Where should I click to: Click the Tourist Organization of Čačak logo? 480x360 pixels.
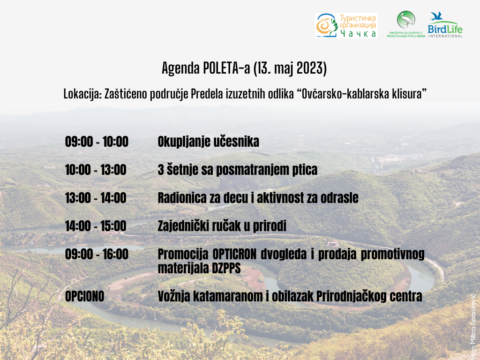pyautogui.click(x=346, y=25)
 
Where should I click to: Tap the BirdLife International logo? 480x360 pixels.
pyautogui.click(x=445, y=25)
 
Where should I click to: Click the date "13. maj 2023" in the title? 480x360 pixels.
pyautogui.click(x=290, y=68)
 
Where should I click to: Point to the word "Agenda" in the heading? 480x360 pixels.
pyautogui.click(x=181, y=68)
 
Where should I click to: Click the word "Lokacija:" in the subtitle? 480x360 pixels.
pyautogui.click(x=82, y=94)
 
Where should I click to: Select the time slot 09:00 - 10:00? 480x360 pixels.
pyautogui.click(x=97, y=142)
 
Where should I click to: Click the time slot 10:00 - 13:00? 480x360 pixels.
pyautogui.click(x=96, y=170)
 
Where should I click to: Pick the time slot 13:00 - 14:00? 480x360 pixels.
pyautogui.click(x=96, y=198)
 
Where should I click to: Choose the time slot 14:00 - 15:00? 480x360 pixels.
pyautogui.click(x=96, y=226)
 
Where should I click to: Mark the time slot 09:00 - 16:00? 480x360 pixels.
pyautogui.click(x=97, y=255)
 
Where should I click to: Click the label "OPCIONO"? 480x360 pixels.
pyautogui.click(x=85, y=296)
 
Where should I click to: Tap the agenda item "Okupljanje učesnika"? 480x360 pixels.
pyautogui.click(x=209, y=142)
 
